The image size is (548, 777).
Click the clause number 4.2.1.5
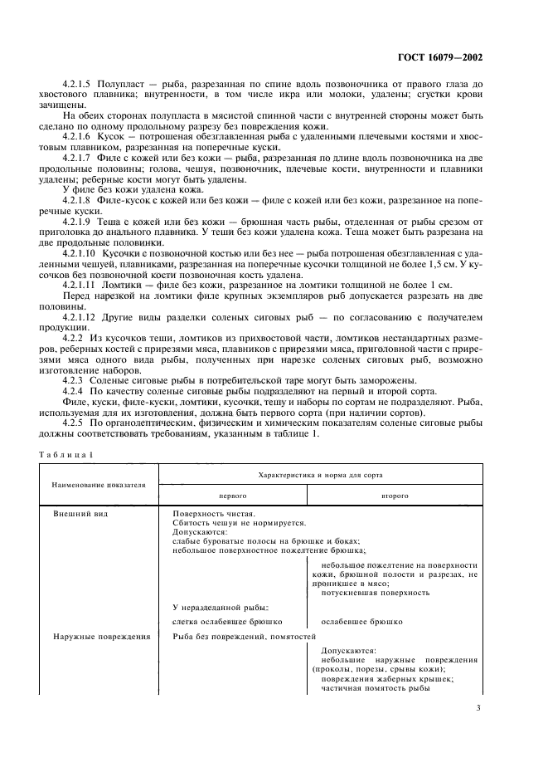80,86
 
